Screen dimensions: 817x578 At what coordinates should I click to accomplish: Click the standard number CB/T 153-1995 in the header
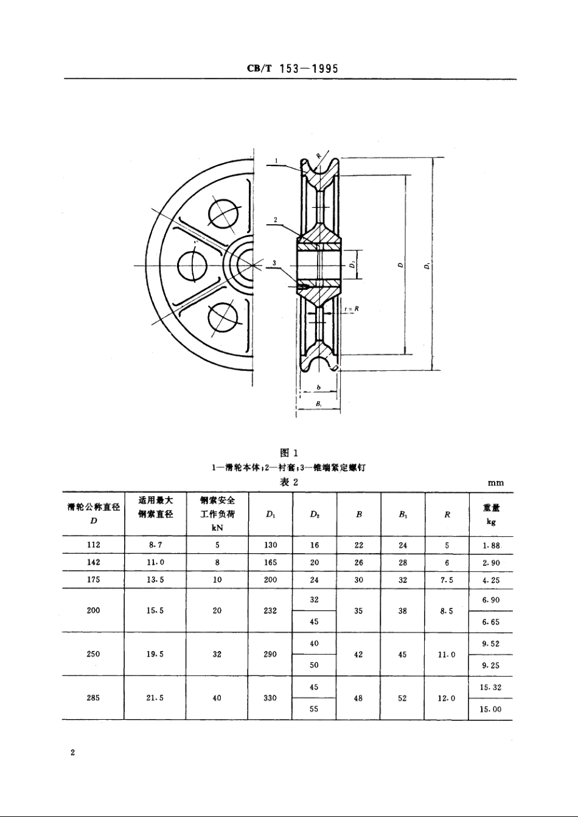pos(292,69)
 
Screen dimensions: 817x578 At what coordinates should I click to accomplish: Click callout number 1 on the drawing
pos(276,160)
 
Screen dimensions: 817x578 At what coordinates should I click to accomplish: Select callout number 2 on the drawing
pos(276,219)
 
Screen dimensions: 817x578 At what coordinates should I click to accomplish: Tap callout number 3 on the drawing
pos(275,263)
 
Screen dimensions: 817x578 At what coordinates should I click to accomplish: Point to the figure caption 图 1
pos(288,452)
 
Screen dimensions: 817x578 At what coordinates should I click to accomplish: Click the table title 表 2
pos(288,482)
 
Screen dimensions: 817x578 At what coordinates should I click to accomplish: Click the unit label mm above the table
pos(496,483)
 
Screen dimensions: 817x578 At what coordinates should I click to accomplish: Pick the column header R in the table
pos(447,514)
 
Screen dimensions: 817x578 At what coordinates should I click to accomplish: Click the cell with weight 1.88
pos(490,545)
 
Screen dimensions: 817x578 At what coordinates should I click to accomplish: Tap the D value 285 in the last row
pos(93,698)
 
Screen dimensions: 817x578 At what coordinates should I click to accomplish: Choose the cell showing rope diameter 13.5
pos(155,580)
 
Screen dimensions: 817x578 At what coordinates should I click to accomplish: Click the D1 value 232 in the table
pos(270,610)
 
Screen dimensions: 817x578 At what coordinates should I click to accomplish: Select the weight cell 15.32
pos(490,687)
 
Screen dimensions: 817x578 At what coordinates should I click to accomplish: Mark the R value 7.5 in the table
pos(447,580)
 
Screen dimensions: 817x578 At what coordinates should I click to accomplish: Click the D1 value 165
pos(270,563)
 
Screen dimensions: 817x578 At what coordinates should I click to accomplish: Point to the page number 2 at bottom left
pos(72,753)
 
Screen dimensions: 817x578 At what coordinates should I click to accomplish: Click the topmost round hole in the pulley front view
pos(223,213)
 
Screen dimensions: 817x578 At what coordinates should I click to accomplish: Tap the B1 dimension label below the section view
pos(318,403)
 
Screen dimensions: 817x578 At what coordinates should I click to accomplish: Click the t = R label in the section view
pos(352,309)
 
